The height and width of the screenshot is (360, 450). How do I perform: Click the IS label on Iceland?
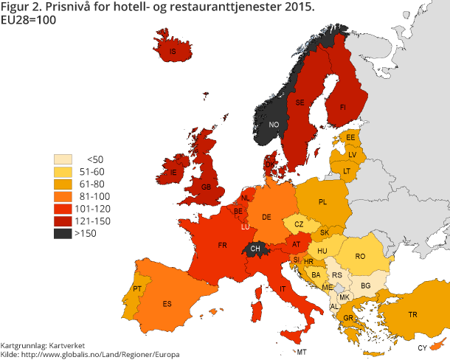[x=173, y=52]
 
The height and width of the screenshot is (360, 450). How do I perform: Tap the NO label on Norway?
[x=274, y=124]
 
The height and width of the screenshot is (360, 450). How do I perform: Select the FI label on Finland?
[x=342, y=107]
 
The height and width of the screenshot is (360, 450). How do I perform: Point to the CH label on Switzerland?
[x=255, y=249]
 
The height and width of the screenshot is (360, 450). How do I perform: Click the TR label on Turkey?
[x=413, y=314]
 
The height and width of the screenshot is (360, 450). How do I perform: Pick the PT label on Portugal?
[x=137, y=288]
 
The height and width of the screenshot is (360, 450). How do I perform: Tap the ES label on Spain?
[x=167, y=303]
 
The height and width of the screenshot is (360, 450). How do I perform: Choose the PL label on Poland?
[x=322, y=202]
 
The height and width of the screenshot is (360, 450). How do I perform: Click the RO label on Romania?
[x=360, y=256]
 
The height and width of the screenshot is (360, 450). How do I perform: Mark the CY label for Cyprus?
[x=422, y=347]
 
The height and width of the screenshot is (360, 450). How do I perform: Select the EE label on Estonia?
[x=350, y=137]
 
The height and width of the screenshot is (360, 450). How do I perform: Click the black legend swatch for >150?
[x=64, y=233]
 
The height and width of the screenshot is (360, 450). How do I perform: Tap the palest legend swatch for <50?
[x=64, y=159]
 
